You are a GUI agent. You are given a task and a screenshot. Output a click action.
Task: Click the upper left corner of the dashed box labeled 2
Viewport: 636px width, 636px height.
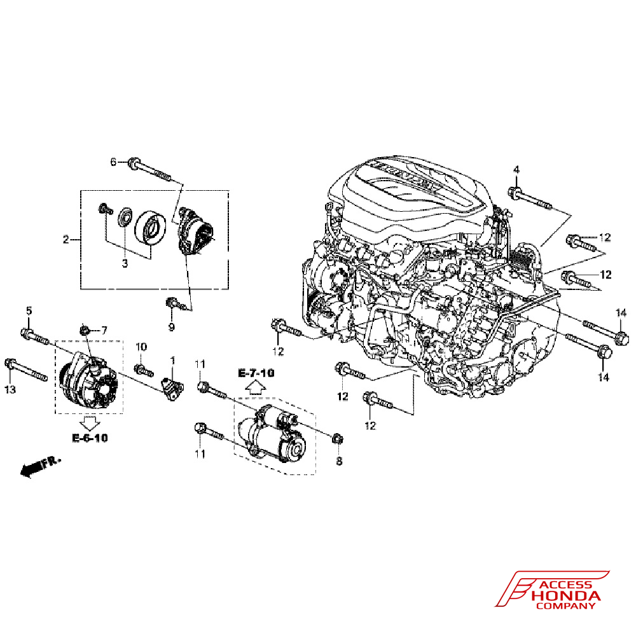[x=81, y=191]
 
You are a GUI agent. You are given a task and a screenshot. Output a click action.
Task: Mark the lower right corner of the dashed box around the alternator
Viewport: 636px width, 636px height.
[x=123, y=414]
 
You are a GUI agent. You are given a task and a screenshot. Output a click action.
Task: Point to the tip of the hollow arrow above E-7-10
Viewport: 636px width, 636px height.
[x=256, y=381]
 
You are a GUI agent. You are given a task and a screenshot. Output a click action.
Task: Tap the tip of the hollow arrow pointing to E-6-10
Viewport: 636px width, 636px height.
[x=90, y=430]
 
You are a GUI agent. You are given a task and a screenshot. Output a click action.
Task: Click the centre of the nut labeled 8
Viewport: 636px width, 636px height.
[x=336, y=439]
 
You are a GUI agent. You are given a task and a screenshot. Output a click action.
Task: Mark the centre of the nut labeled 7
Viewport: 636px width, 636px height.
[x=85, y=329]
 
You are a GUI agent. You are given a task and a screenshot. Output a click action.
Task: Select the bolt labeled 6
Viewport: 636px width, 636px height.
[x=150, y=170]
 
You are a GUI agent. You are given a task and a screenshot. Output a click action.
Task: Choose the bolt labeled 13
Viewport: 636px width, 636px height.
[x=26, y=370]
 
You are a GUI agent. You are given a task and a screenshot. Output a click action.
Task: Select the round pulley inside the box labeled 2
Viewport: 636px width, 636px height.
[x=149, y=228]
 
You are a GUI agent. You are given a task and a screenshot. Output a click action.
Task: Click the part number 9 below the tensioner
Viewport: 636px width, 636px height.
[x=172, y=327]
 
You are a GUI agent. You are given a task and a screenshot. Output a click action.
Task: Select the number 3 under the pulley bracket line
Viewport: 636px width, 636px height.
[x=125, y=264]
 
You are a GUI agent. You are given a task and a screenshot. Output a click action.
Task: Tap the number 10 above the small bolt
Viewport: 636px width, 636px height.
[x=141, y=347]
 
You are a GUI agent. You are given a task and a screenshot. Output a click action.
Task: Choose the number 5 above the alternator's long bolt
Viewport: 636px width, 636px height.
[x=29, y=311]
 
